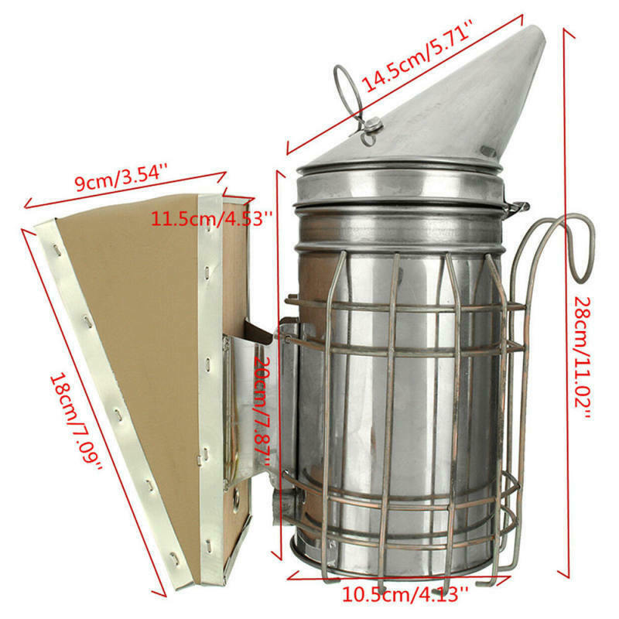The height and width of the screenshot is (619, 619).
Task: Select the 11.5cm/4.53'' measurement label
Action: pos(210,217)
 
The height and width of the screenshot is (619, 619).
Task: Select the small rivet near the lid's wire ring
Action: pos(373,125)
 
